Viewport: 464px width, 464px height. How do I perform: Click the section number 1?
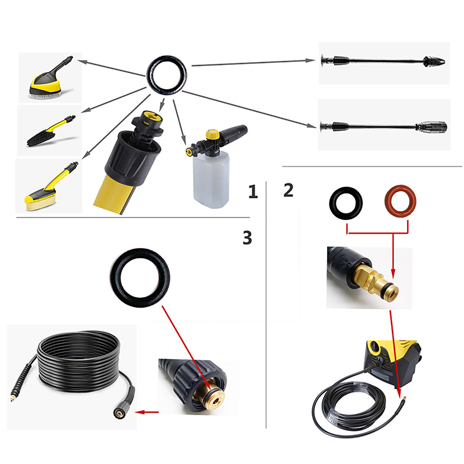tap(253, 191)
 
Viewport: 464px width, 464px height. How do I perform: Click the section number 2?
tap(288, 190)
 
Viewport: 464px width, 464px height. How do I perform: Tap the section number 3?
tap(248, 238)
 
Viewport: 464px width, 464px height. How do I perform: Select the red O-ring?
tap(400, 202)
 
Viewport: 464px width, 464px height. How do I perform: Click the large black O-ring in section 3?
tap(114, 278)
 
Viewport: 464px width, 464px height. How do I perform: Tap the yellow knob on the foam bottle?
tap(212, 134)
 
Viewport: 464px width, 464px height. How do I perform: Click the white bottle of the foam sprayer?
tap(211, 180)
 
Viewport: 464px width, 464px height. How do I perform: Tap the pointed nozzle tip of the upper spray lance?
tap(434, 62)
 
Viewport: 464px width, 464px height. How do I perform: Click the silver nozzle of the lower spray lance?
tap(432, 127)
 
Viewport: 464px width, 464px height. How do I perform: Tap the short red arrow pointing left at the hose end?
tap(147, 412)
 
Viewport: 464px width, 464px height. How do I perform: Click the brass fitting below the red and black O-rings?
tap(375, 282)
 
